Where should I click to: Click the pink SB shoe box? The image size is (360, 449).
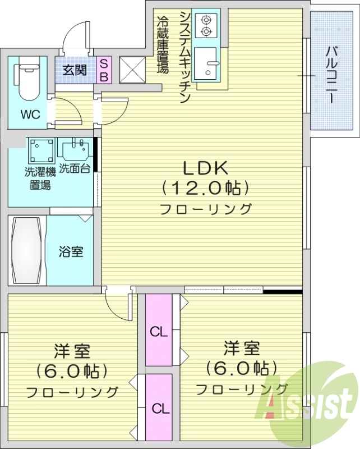[104, 70]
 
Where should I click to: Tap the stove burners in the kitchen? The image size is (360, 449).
[205, 25]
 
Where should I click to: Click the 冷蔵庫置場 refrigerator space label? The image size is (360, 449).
[163, 45]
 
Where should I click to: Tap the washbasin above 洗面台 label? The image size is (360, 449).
[75, 150]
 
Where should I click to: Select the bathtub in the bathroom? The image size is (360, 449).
[26, 250]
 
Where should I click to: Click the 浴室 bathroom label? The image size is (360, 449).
[71, 251]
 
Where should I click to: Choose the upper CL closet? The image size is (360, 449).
[159, 331]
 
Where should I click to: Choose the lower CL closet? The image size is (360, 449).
[159, 407]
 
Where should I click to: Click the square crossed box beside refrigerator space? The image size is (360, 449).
[132, 71]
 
